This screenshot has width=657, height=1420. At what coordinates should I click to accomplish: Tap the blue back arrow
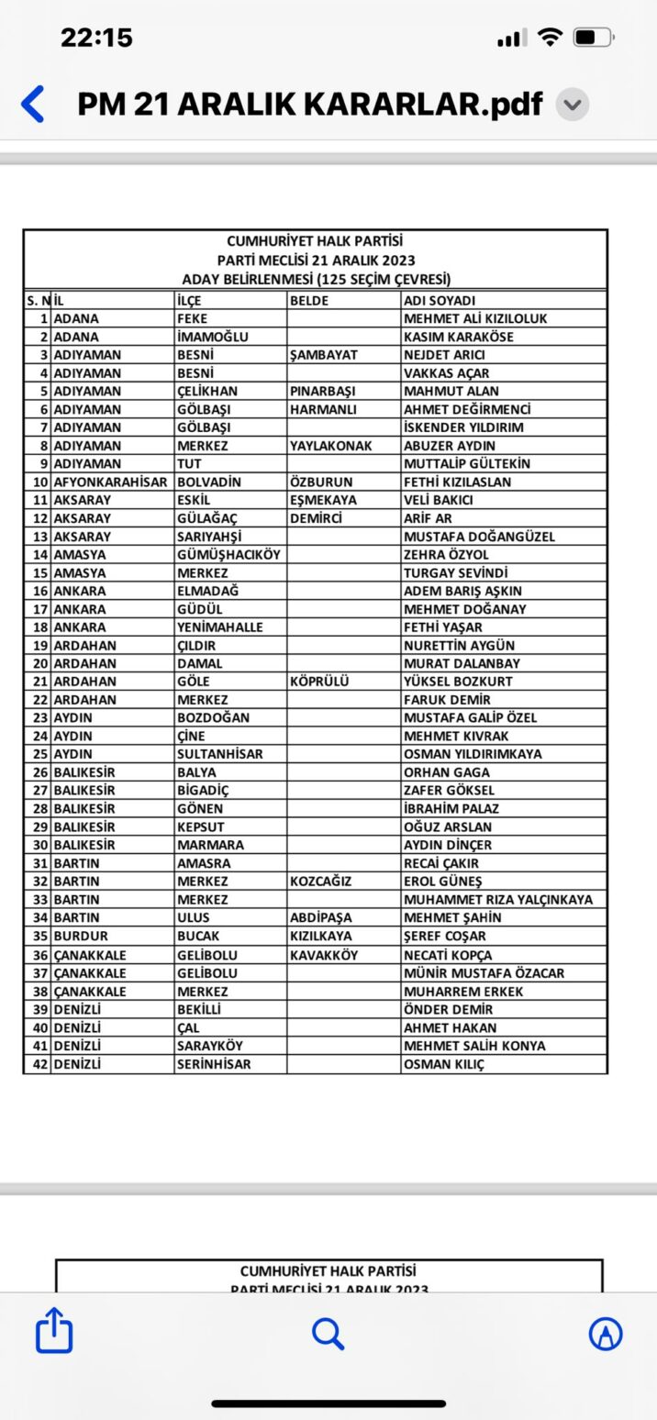pos(32,104)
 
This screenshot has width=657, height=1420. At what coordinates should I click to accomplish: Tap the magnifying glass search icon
pos(328,1333)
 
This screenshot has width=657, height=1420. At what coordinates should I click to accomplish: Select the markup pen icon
pos(606,1333)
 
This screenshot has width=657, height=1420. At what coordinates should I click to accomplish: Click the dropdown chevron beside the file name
pos(573,105)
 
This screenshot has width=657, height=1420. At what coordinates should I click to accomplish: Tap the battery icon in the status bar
pos(594,38)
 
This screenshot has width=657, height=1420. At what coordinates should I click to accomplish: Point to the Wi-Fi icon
pos(550,38)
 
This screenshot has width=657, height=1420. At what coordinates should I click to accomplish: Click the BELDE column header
pos(309,300)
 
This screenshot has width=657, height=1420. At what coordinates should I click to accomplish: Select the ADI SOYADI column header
pos(440,300)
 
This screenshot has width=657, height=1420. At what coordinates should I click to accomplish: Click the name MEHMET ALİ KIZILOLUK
pos(475,318)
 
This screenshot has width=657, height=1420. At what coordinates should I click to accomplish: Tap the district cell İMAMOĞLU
pos(212,337)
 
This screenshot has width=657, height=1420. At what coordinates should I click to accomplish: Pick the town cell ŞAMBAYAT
pos(323,355)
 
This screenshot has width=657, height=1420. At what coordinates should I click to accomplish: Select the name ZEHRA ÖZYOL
pos(446,554)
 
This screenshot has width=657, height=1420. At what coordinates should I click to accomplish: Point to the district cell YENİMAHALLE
pos(219,627)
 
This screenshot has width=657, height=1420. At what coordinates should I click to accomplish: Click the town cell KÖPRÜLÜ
pos(319,682)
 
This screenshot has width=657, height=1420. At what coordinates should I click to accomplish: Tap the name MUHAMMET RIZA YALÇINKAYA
pos(498,900)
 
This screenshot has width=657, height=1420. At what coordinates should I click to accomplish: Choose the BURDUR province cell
pos(81,936)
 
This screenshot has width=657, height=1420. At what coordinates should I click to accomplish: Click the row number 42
pos(39,1064)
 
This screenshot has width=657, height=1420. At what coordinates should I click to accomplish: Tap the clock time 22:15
pos(96,38)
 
